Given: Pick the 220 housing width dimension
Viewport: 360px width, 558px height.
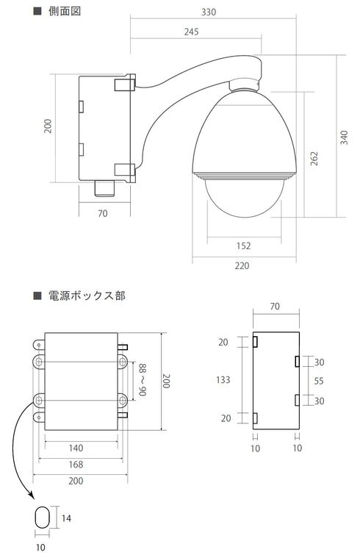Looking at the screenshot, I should [242, 265].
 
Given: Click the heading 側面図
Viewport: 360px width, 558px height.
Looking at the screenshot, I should [65, 12].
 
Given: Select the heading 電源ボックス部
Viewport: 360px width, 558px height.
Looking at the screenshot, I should [86, 296].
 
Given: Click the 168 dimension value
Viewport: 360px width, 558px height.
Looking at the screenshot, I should [76, 464].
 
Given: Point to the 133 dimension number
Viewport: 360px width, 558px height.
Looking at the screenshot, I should [224, 380].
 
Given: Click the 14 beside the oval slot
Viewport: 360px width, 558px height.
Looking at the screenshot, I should [67, 518].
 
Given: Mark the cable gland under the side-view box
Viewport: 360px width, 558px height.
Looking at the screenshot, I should [105, 187].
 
